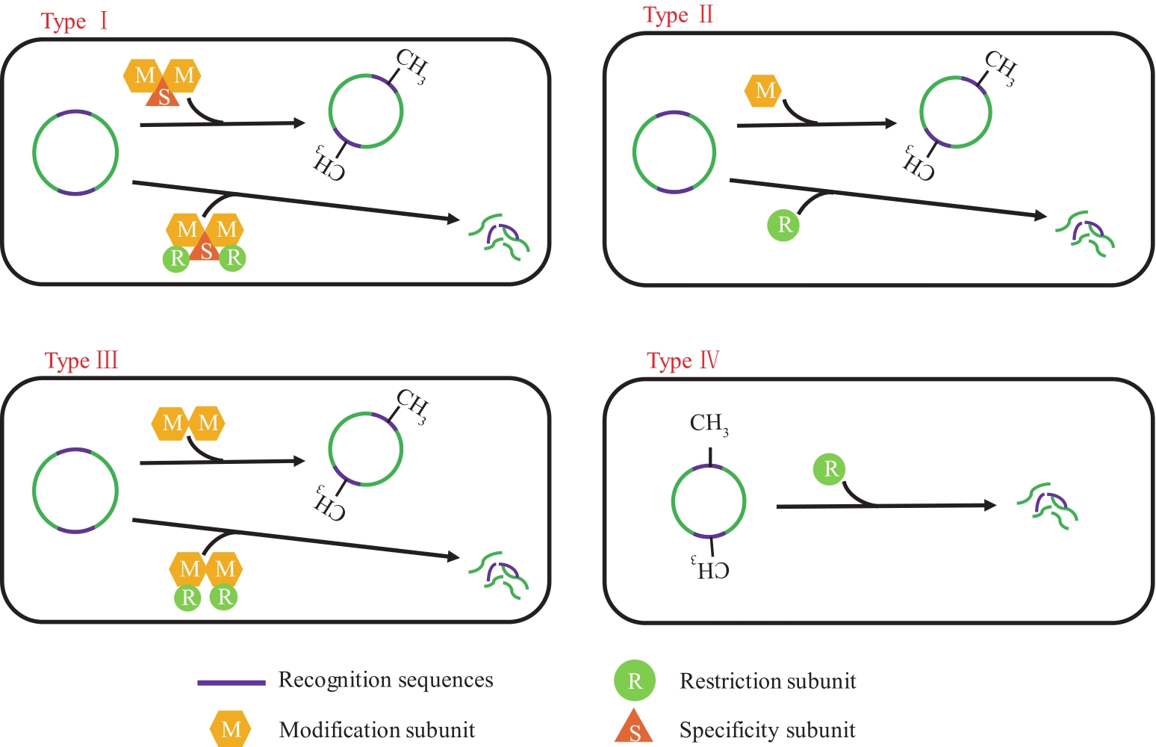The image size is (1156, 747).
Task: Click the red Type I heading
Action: click(x=74, y=21)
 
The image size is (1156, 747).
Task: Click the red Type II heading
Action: click(x=678, y=15)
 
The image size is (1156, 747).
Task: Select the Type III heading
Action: click(x=81, y=361)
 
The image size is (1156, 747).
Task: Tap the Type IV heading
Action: click(x=683, y=362)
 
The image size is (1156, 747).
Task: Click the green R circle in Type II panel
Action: click(x=784, y=225)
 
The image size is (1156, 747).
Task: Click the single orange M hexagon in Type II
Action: click(x=765, y=91)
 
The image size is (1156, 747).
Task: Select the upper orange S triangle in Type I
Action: click(x=164, y=96)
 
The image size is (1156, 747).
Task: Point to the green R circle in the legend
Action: click(x=634, y=681)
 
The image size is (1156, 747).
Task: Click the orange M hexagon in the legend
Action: click(x=231, y=729)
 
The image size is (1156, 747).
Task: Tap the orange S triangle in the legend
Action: click(x=634, y=728)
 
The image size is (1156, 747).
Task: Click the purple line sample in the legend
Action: click(x=231, y=682)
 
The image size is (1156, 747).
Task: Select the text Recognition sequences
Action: click(x=385, y=680)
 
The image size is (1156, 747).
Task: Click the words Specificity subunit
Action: click(x=767, y=730)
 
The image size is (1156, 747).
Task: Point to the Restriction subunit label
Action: click(x=767, y=681)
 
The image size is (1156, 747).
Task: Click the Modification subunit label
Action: click(x=376, y=730)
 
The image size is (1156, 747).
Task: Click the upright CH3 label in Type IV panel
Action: click(x=709, y=424)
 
